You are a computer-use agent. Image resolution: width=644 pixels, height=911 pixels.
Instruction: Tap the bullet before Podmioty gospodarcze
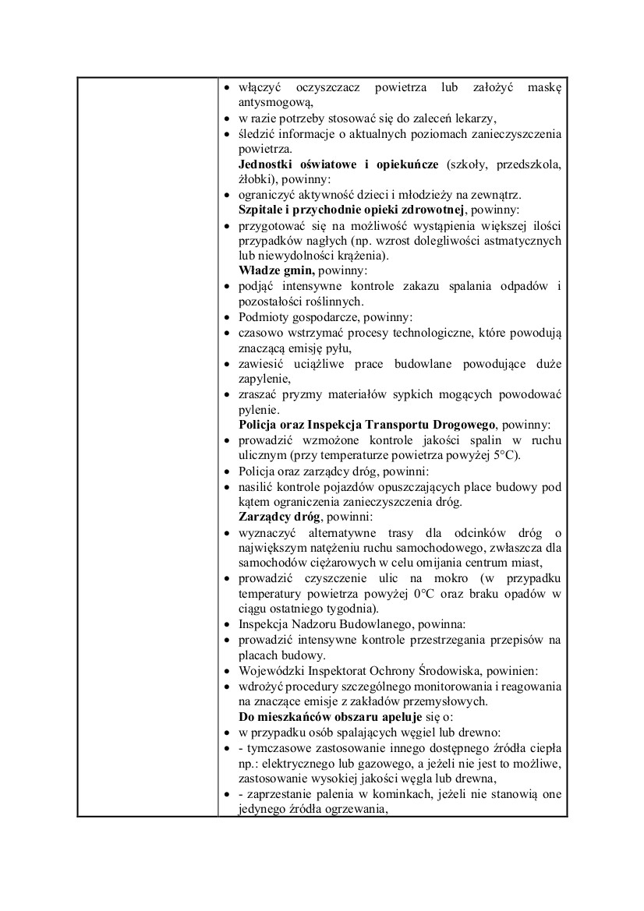(x=226, y=317)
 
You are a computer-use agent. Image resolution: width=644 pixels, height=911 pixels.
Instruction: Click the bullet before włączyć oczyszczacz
(x=226, y=87)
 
